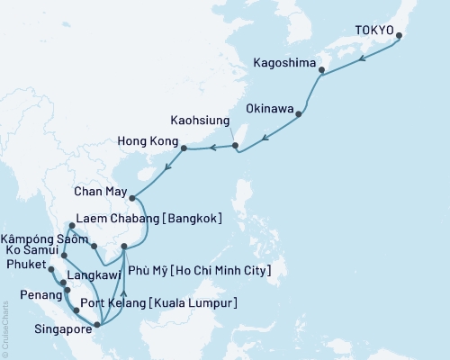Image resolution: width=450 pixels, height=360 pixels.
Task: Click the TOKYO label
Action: [376, 29]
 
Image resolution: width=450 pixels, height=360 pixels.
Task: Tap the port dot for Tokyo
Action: [399, 37]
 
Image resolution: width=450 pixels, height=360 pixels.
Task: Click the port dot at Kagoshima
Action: [322, 70]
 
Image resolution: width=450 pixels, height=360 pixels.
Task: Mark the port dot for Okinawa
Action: [299, 113]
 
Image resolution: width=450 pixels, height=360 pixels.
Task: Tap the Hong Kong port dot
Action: [184, 148]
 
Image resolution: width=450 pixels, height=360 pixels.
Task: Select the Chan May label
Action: [101, 190]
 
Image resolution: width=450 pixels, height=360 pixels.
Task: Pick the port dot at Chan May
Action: [131, 198]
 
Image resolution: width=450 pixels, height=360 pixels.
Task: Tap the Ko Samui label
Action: [32, 249]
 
